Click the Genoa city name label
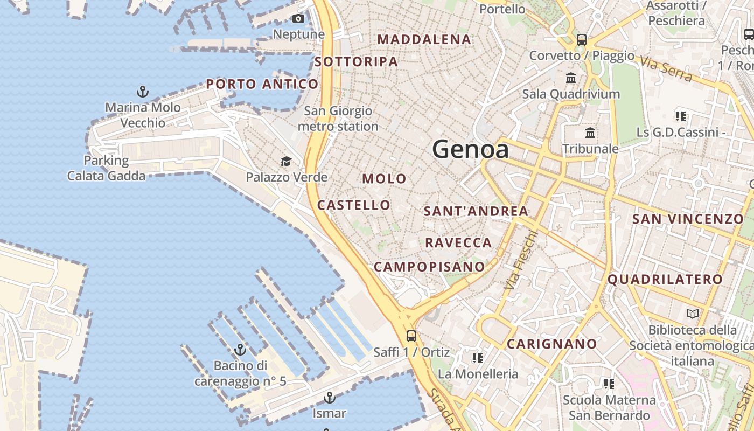tap(470, 149)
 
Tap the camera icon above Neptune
tap(298, 19)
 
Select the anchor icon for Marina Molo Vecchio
tap(143, 91)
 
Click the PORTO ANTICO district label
tap(262, 84)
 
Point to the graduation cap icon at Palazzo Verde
tap(286, 161)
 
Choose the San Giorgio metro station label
tap(338, 119)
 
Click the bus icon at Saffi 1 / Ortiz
tap(411, 336)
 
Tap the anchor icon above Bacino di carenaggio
tap(240, 350)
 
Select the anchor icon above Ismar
tap(329, 398)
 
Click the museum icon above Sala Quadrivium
tap(571, 78)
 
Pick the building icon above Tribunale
tap(590, 133)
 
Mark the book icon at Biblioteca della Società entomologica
tap(693, 314)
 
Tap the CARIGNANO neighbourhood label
tap(552, 344)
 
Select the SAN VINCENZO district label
tap(688, 219)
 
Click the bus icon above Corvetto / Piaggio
tap(581, 39)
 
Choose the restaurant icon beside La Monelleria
tap(477, 358)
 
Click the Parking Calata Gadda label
tap(106, 168)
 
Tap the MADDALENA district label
tap(424, 39)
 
